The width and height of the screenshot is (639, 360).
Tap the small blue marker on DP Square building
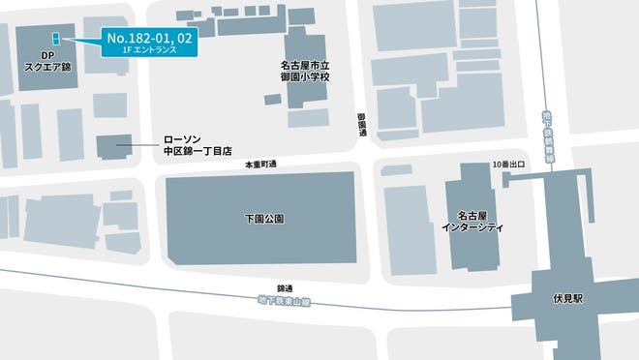tap(56, 38)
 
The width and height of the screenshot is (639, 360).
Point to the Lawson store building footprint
tap(116, 149)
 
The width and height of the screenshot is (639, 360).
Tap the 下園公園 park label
tap(264, 220)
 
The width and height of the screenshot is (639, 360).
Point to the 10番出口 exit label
tap(507, 164)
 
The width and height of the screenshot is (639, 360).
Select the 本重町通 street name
tap(260, 165)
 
